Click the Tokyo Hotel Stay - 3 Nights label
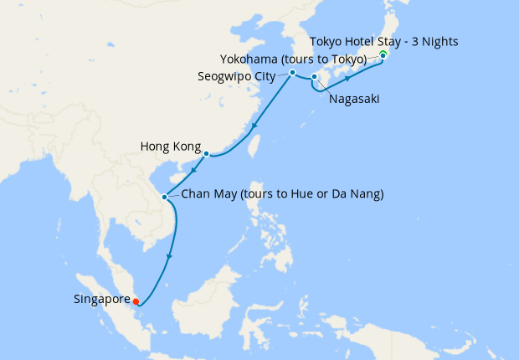point(383,41)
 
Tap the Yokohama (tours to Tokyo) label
point(293,59)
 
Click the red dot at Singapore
point(136,301)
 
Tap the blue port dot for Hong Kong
point(206,153)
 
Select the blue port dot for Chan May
point(165,198)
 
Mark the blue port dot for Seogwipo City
point(292,73)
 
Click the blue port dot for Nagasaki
point(314,78)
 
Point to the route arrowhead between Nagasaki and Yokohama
point(347,79)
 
